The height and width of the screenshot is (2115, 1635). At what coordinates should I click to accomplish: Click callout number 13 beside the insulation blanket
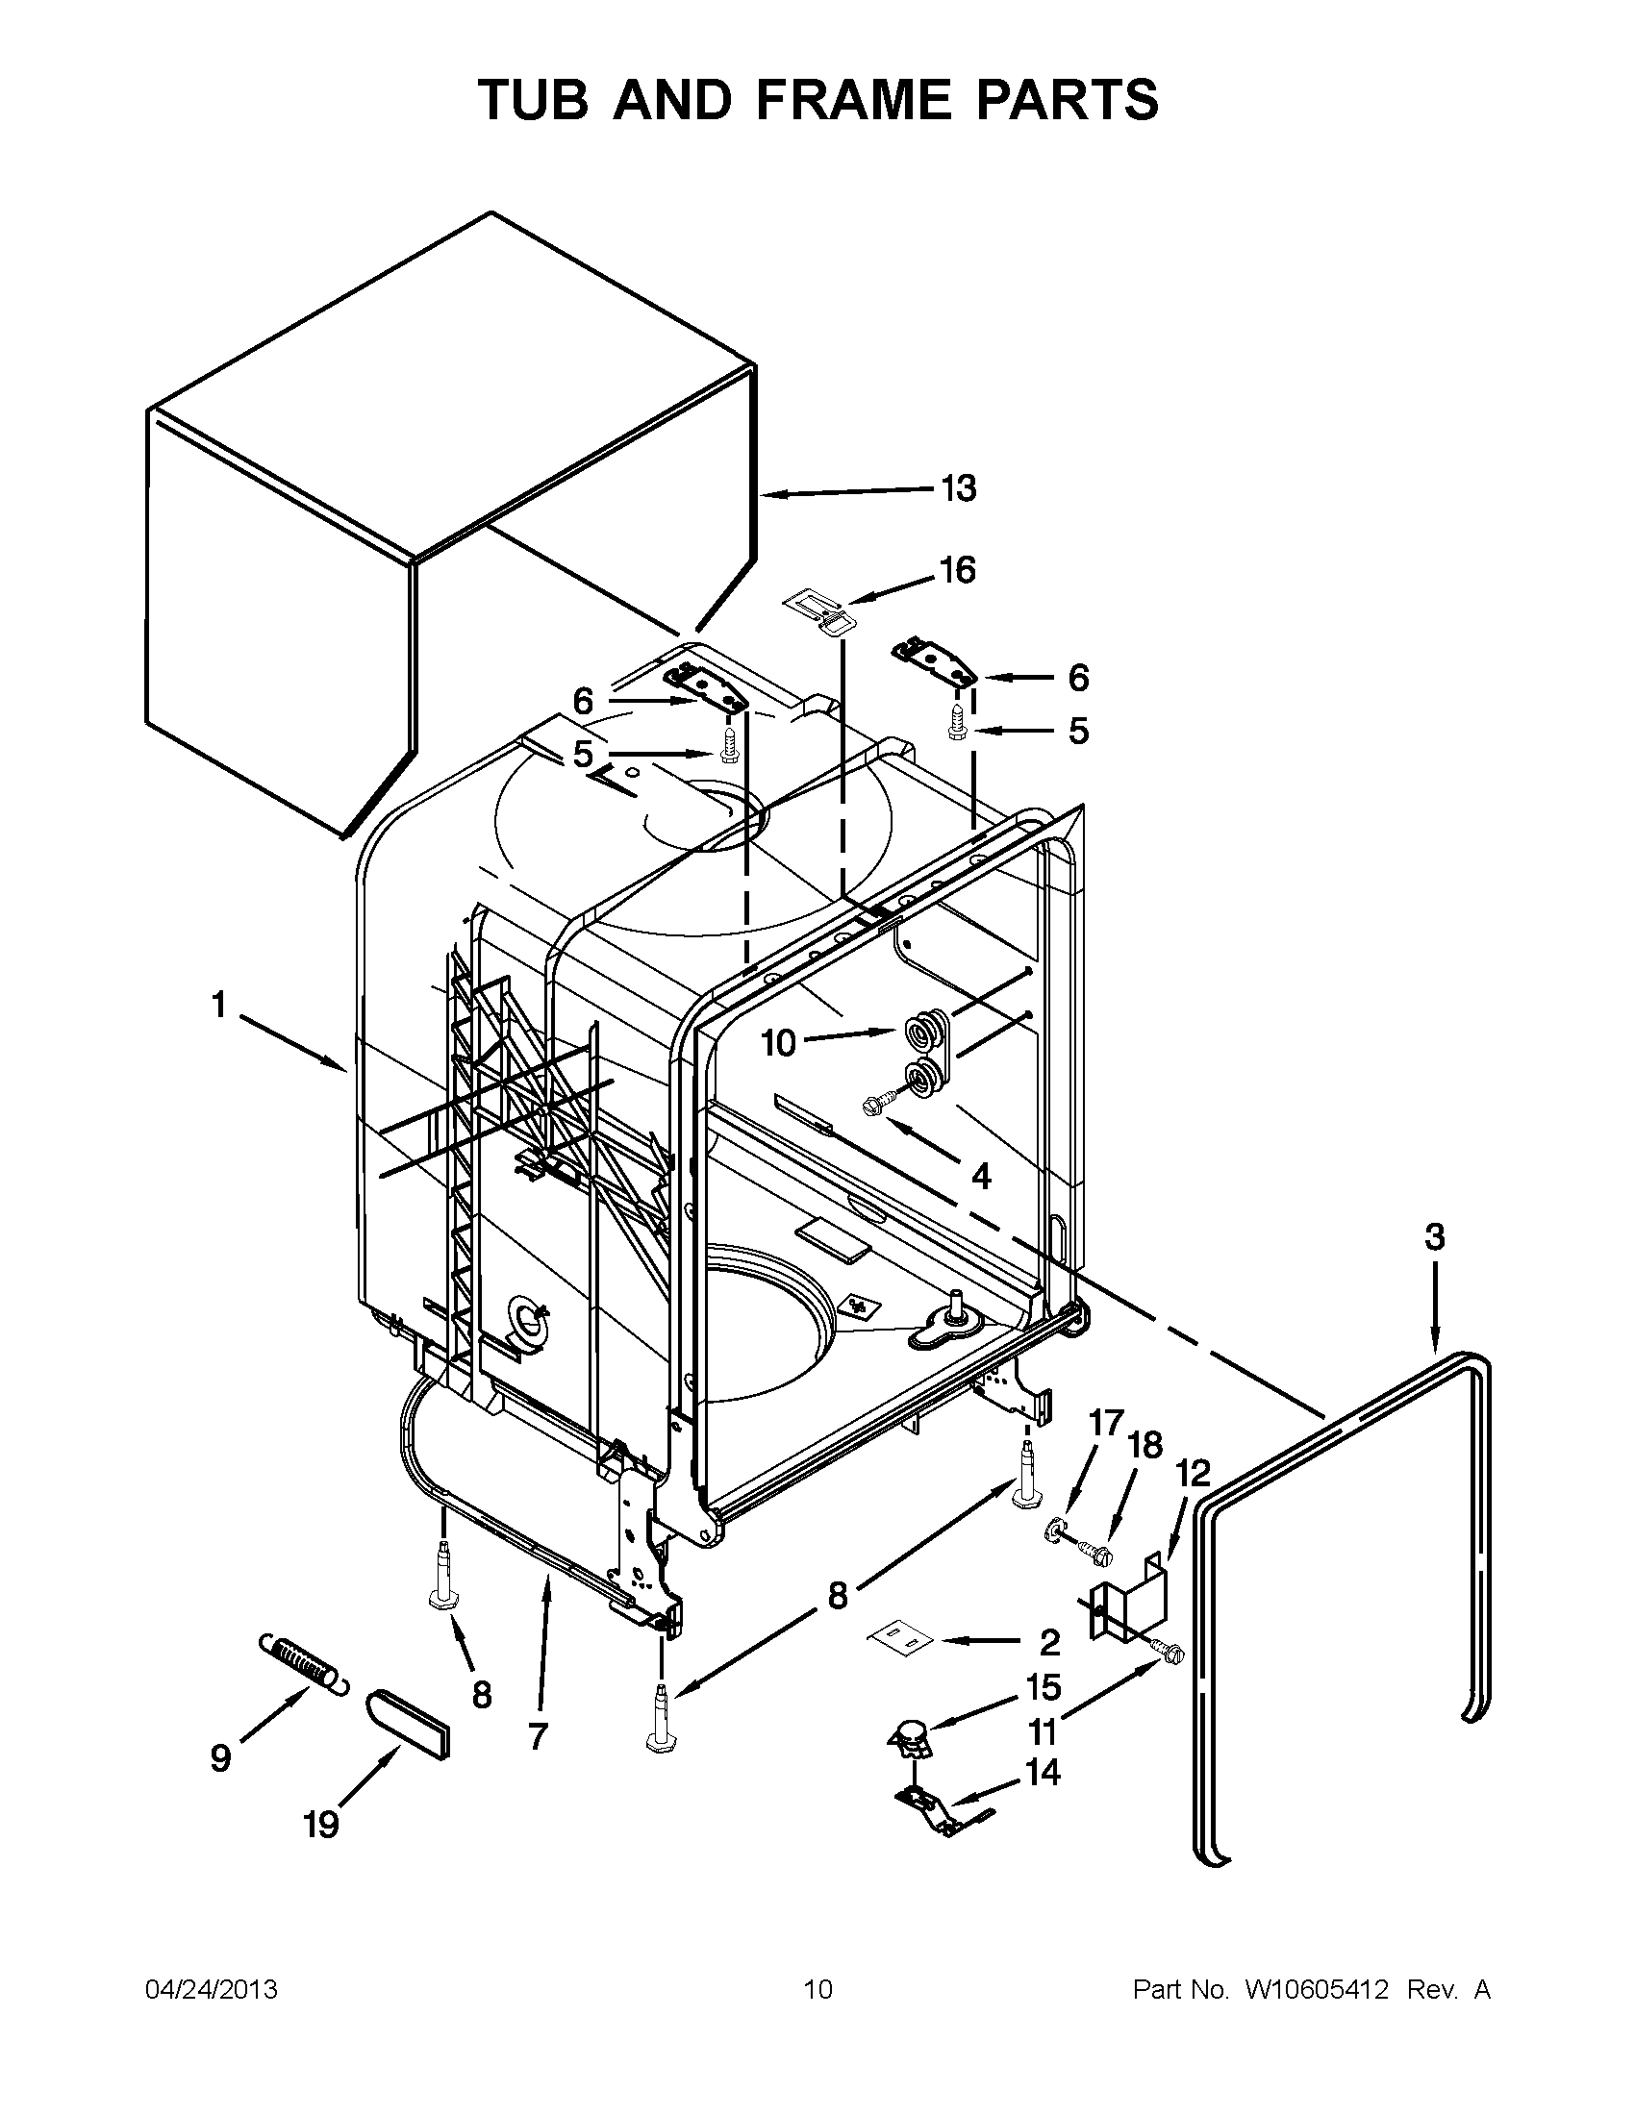click(x=958, y=488)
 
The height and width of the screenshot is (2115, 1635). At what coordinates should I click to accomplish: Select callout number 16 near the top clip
click(x=957, y=570)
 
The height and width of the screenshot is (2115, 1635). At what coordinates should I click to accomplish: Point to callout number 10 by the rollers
click(x=778, y=1043)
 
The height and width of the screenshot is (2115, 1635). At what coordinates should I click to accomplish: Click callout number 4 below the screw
click(x=980, y=1177)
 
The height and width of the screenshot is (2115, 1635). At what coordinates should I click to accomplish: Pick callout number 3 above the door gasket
click(x=1435, y=1236)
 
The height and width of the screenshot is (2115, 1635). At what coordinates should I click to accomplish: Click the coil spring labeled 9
click(x=302, y=1662)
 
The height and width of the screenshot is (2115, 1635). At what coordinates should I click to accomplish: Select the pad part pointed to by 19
click(x=408, y=1724)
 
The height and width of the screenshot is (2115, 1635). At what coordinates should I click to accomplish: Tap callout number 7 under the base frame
click(x=539, y=1735)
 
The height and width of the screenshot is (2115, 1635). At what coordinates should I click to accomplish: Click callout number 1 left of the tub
click(x=219, y=1006)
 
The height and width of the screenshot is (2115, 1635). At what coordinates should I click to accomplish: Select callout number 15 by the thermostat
click(x=1044, y=1687)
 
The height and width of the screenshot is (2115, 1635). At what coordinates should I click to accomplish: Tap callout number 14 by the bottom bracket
click(x=1043, y=1772)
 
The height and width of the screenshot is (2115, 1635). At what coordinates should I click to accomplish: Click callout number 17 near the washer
click(x=1106, y=1424)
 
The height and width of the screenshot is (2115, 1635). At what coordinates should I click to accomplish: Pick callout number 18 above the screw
click(x=1144, y=1446)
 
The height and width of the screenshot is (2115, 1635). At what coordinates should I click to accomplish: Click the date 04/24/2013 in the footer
click(x=212, y=1990)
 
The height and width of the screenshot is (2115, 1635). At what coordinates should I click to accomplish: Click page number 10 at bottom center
click(x=818, y=1990)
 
